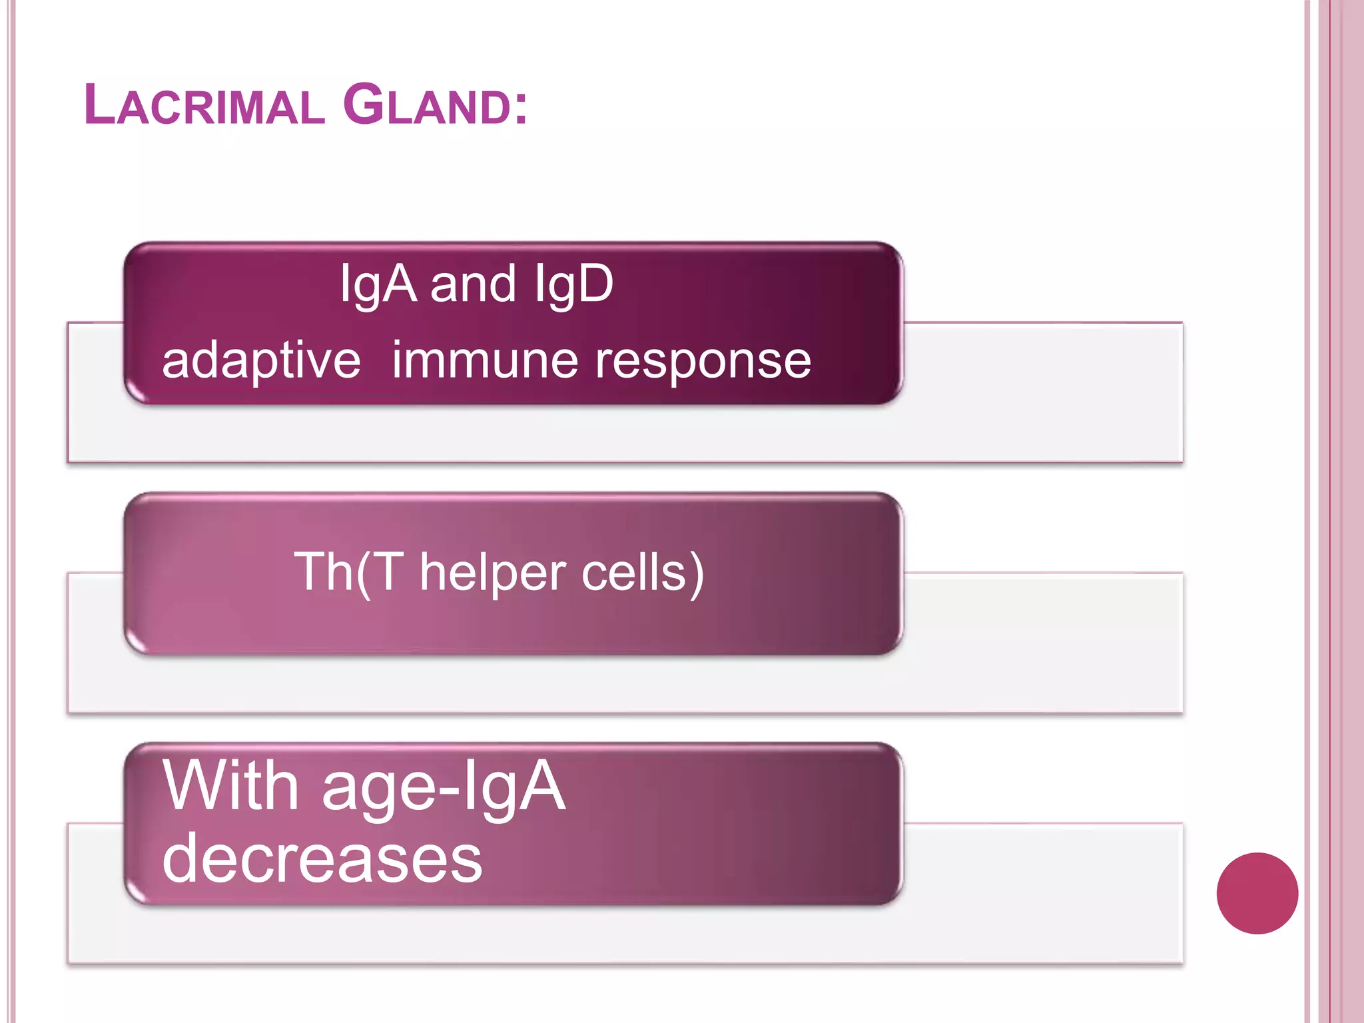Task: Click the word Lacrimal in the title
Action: pos(204,105)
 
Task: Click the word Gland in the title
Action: pos(427,105)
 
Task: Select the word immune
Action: pos(485,360)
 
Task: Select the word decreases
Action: pos(322,859)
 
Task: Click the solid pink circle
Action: pos(1257,893)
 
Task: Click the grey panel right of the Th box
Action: pos(1042,643)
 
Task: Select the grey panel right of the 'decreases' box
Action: pos(1042,892)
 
